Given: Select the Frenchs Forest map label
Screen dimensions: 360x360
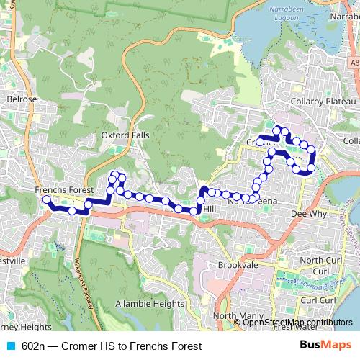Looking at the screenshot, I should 64,190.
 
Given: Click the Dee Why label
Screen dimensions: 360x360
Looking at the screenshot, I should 305,214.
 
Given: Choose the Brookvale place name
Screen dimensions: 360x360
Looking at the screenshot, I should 238,265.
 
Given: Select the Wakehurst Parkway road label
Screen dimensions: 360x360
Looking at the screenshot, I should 84,284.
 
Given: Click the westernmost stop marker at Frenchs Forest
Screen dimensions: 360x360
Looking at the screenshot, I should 47,199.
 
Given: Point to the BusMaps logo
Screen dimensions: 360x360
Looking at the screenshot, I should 329,346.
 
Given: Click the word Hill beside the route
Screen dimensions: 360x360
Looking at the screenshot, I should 210,208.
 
